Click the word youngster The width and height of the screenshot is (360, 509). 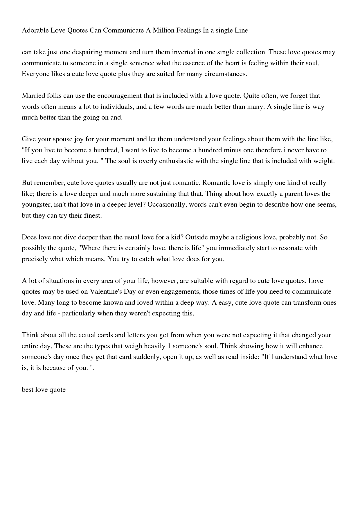coord(37,205)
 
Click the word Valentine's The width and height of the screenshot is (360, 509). coord(106,292)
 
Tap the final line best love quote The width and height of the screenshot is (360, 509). coord(44,389)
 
